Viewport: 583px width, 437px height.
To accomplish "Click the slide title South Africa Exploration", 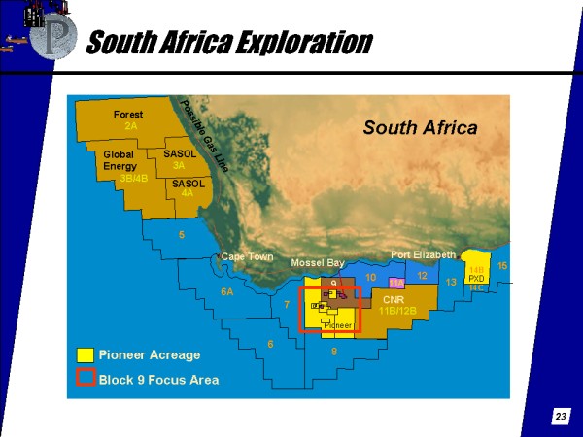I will click(228, 42).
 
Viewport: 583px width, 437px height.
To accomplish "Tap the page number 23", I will click(561, 417).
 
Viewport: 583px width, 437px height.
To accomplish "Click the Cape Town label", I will click(247, 256).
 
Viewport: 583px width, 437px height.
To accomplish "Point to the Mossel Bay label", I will click(318, 262).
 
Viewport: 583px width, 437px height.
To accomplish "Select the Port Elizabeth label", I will click(423, 254).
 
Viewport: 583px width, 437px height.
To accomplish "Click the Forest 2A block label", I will click(128, 120).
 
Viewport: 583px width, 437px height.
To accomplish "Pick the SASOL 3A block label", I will click(180, 159).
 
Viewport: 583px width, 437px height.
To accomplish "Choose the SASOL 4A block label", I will click(188, 188).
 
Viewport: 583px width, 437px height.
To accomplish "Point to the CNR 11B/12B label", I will click(399, 306).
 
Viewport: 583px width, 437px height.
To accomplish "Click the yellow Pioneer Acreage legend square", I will click(86, 354).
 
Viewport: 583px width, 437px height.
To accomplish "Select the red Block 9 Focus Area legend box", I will click(86, 378).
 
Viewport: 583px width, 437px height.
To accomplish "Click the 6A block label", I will click(227, 291).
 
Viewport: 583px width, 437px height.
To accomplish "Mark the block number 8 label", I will click(334, 352).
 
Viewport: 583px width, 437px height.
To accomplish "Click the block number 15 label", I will click(502, 265).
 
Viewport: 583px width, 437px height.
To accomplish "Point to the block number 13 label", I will click(451, 282).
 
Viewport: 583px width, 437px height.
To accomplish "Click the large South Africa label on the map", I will click(420, 127).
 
